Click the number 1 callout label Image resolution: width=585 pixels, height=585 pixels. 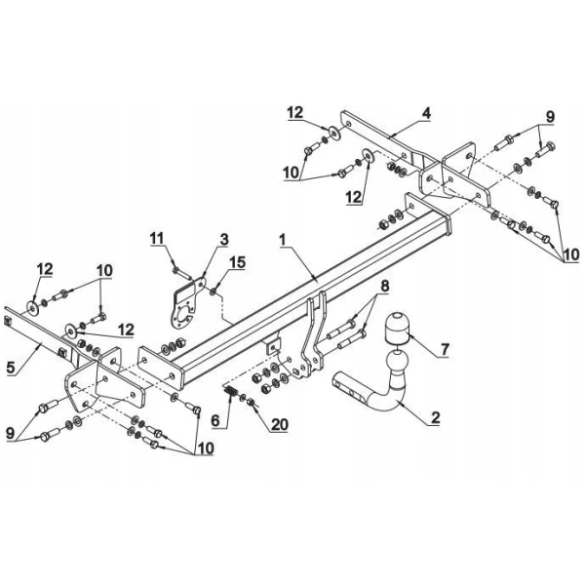(282, 238)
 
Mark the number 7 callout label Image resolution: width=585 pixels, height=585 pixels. (445, 348)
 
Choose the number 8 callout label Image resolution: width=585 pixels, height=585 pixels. (384, 286)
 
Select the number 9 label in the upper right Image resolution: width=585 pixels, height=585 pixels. (549, 116)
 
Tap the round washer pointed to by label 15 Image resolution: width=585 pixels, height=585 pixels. (214, 290)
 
